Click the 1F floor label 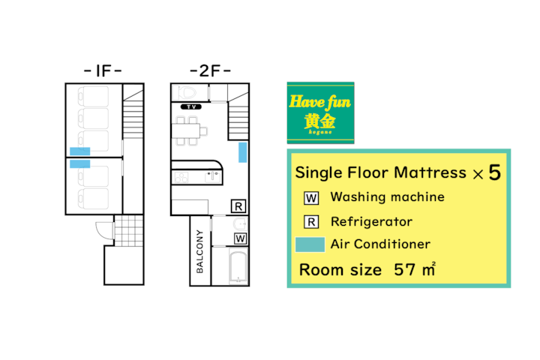103,71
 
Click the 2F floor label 210,71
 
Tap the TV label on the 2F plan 191,106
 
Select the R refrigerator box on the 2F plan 238,206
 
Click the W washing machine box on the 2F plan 241,238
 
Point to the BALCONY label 199,251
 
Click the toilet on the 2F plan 186,92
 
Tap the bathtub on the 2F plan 238,267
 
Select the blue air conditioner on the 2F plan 243,152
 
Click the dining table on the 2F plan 186,131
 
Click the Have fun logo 321,112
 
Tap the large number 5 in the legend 494,172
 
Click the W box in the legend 311,198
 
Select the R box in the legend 311,222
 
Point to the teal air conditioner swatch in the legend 310,244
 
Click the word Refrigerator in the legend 371,222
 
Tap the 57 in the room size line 404,270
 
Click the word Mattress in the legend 430,172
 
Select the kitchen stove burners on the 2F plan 181,178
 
